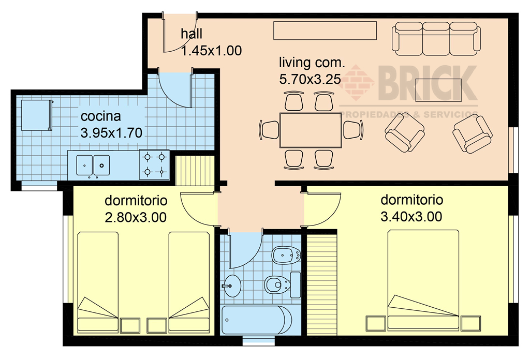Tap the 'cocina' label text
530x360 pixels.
(101, 116)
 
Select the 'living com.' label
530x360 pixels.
(312, 64)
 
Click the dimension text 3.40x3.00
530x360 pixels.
(411, 217)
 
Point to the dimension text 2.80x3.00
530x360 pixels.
(136, 217)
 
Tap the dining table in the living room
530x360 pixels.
(311, 130)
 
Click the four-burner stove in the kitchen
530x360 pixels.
(154, 164)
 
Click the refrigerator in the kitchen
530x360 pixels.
(37, 115)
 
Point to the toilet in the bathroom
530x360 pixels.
(279, 284)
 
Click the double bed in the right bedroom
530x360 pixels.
(423, 279)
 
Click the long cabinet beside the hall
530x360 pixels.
(325, 31)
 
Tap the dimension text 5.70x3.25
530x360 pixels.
(310, 80)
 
